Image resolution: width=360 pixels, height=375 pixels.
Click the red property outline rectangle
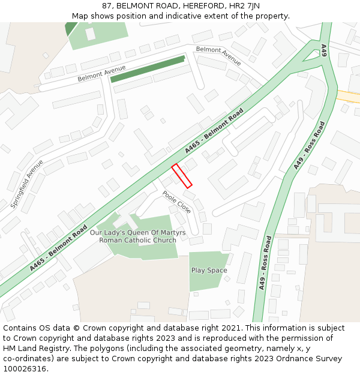tap(182, 176)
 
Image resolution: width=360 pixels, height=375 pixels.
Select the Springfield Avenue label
tap(27, 184)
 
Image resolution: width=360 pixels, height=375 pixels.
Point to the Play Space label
tap(209, 270)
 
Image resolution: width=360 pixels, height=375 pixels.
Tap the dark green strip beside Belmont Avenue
tap(147, 69)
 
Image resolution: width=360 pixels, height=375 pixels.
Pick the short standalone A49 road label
tap(323, 50)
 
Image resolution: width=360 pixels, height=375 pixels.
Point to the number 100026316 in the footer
tap(25, 368)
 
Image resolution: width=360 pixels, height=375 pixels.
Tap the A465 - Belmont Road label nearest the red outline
tap(214, 130)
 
